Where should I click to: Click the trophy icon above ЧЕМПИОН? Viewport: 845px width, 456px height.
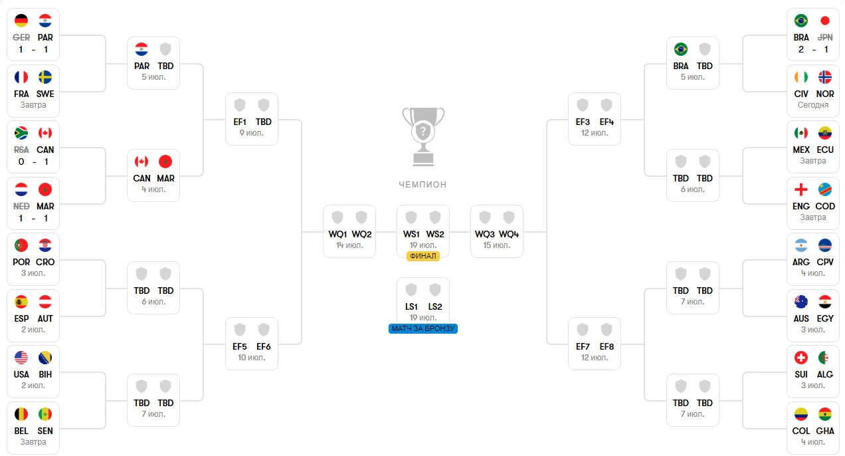423,137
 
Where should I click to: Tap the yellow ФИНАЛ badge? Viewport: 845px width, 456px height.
423,256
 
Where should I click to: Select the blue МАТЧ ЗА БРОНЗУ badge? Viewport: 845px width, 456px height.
423,328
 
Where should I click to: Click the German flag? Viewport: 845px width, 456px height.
21,21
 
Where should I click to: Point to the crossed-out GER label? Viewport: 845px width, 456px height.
21,37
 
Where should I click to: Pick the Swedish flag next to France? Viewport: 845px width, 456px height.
45,77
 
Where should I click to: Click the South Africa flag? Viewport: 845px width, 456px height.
21,133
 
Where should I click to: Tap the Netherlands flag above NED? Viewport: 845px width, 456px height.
21,189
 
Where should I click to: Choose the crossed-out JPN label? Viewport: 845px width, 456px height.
824,37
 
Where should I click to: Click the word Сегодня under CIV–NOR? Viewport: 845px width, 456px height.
813,105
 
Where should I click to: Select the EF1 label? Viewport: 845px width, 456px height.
240,122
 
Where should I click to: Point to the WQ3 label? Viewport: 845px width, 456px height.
484,234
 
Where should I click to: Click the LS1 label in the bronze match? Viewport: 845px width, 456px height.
411,306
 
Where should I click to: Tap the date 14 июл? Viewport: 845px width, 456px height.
349,245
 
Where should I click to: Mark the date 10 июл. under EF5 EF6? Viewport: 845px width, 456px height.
251,358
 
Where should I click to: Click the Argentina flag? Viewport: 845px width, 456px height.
801,245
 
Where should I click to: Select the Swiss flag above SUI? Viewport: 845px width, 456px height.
801,358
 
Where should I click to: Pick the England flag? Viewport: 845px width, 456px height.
801,189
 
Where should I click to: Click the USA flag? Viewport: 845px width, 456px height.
21,358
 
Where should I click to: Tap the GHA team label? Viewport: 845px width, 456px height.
824,431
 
